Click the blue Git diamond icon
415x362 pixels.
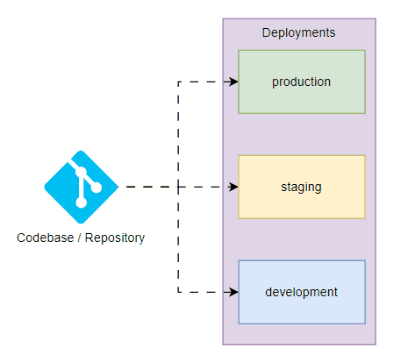(81, 186)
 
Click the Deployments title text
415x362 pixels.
(298, 32)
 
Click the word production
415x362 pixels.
(301, 82)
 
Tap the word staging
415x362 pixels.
(301, 187)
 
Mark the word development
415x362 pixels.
(301, 292)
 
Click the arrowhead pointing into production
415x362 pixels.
(233, 82)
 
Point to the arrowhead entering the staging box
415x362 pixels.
(233, 187)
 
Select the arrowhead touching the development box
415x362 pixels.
(233, 292)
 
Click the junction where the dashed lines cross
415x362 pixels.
(178, 187)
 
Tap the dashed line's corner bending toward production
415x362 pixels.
(178, 82)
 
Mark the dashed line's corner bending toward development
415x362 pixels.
(178, 292)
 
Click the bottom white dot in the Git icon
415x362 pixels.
(81, 202)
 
